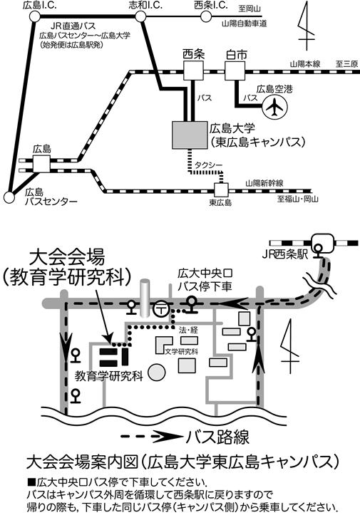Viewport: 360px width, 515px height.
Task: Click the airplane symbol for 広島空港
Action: [x=275, y=106]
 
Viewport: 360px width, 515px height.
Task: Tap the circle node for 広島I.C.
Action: [x=34, y=16]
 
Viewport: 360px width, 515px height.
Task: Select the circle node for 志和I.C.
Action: [x=140, y=16]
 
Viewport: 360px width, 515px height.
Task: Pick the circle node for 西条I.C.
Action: [x=206, y=16]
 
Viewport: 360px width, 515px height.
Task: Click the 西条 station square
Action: [x=193, y=71]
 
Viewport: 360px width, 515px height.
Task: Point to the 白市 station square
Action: [x=235, y=71]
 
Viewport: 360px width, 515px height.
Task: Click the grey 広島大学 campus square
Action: [x=190, y=135]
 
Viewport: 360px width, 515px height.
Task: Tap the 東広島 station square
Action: [x=221, y=190]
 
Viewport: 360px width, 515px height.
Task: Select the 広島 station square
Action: [x=41, y=164]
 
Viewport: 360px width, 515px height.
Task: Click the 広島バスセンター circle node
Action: [x=9, y=197]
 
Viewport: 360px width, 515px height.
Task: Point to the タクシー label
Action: [x=209, y=165]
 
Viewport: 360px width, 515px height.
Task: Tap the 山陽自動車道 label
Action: [x=245, y=24]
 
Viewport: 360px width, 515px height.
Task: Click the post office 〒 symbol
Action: [x=161, y=308]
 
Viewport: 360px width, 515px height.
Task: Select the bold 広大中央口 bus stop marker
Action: [x=192, y=304]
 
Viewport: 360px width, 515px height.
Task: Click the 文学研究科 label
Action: [x=182, y=351]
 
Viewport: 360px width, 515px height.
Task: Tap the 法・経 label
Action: [x=188, y=330]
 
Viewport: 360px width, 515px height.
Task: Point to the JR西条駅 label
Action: [x=285, y=255]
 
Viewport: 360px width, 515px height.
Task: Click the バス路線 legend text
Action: [x=217, y=437]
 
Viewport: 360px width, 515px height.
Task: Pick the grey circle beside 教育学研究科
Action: [x=157, y=372]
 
